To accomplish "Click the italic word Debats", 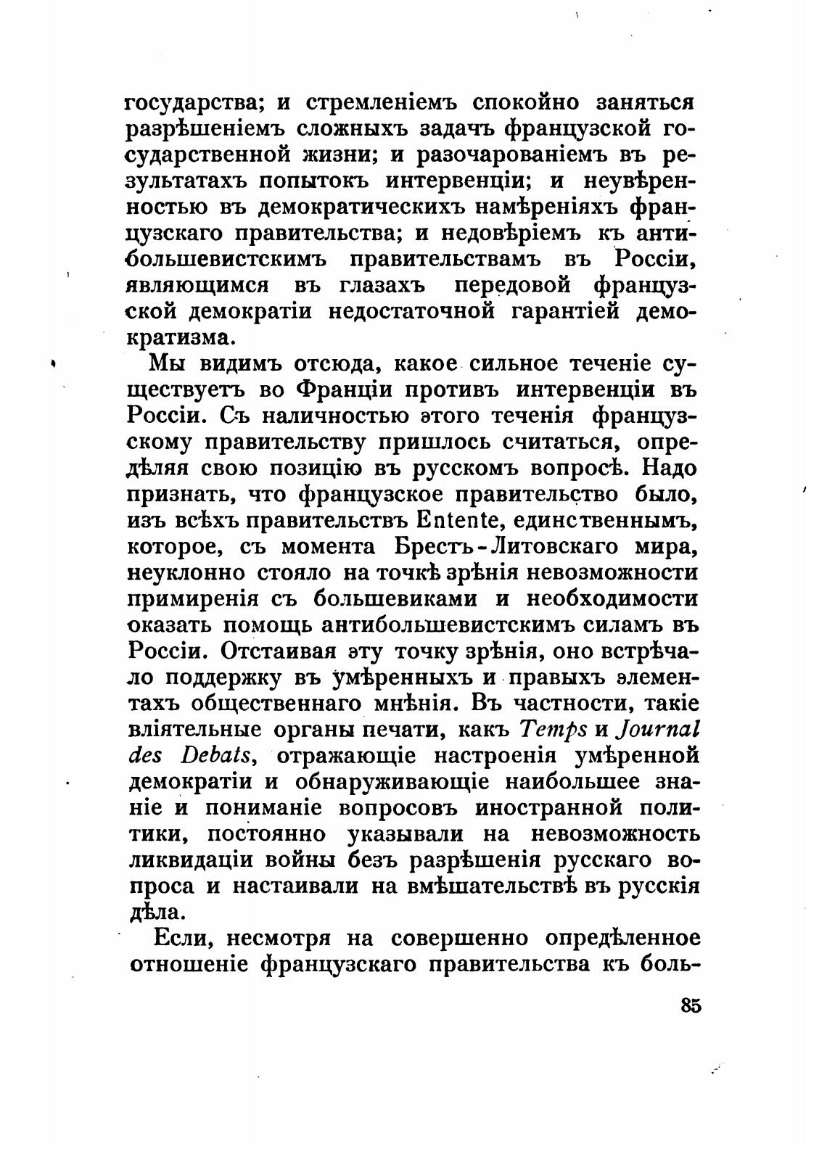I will tap(218, 755).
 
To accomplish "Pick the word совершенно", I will tap(458, 938).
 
